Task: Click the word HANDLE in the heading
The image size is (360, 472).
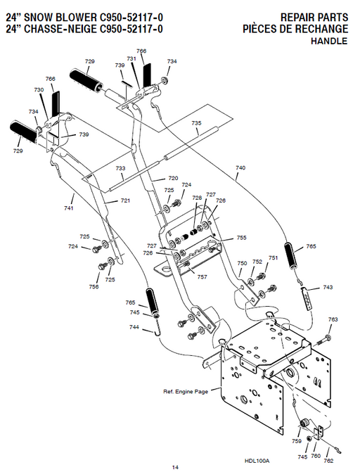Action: pos(329,42)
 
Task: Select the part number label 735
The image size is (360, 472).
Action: pos(196,123)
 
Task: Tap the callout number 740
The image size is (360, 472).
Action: pos(240,168)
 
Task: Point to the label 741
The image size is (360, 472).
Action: pos(69,208)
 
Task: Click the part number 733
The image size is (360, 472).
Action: pos(121,169)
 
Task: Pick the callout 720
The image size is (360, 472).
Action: pos(173,178)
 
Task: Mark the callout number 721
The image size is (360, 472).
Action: pos(125,201)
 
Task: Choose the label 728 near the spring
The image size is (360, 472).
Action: pos(197,198)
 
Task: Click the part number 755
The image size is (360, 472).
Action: pos(241,238)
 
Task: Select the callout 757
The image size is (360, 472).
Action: pos(202,277)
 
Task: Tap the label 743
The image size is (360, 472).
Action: pos(328,288)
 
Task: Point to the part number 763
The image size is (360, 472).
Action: pos(333,319)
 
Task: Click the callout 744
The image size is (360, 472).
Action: pos(134,328)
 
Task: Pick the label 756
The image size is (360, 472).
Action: pos(94,287)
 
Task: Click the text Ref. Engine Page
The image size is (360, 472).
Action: pos(186,391)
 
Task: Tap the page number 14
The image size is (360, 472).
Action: pos(175,467)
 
